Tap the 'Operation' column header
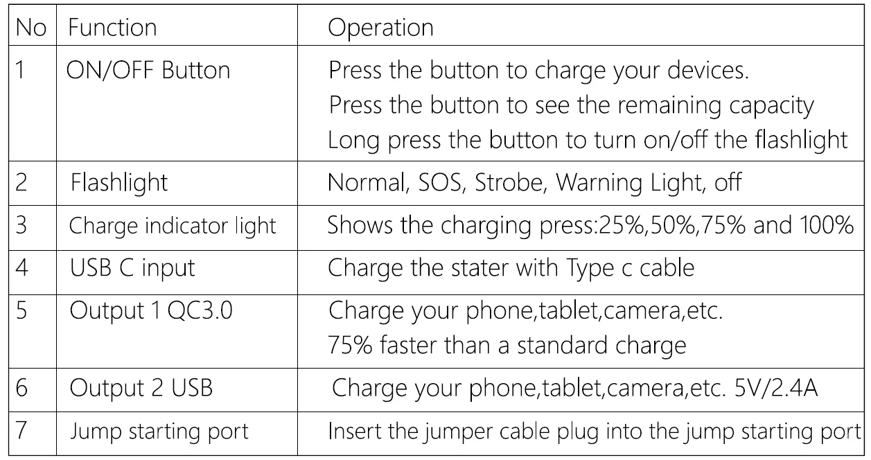pyautogui.click(x=380, y=28)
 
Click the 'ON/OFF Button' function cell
pyautogui.click(x=148, y=71)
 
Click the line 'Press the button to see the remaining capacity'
pyautogui.click(x=570, y=105)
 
